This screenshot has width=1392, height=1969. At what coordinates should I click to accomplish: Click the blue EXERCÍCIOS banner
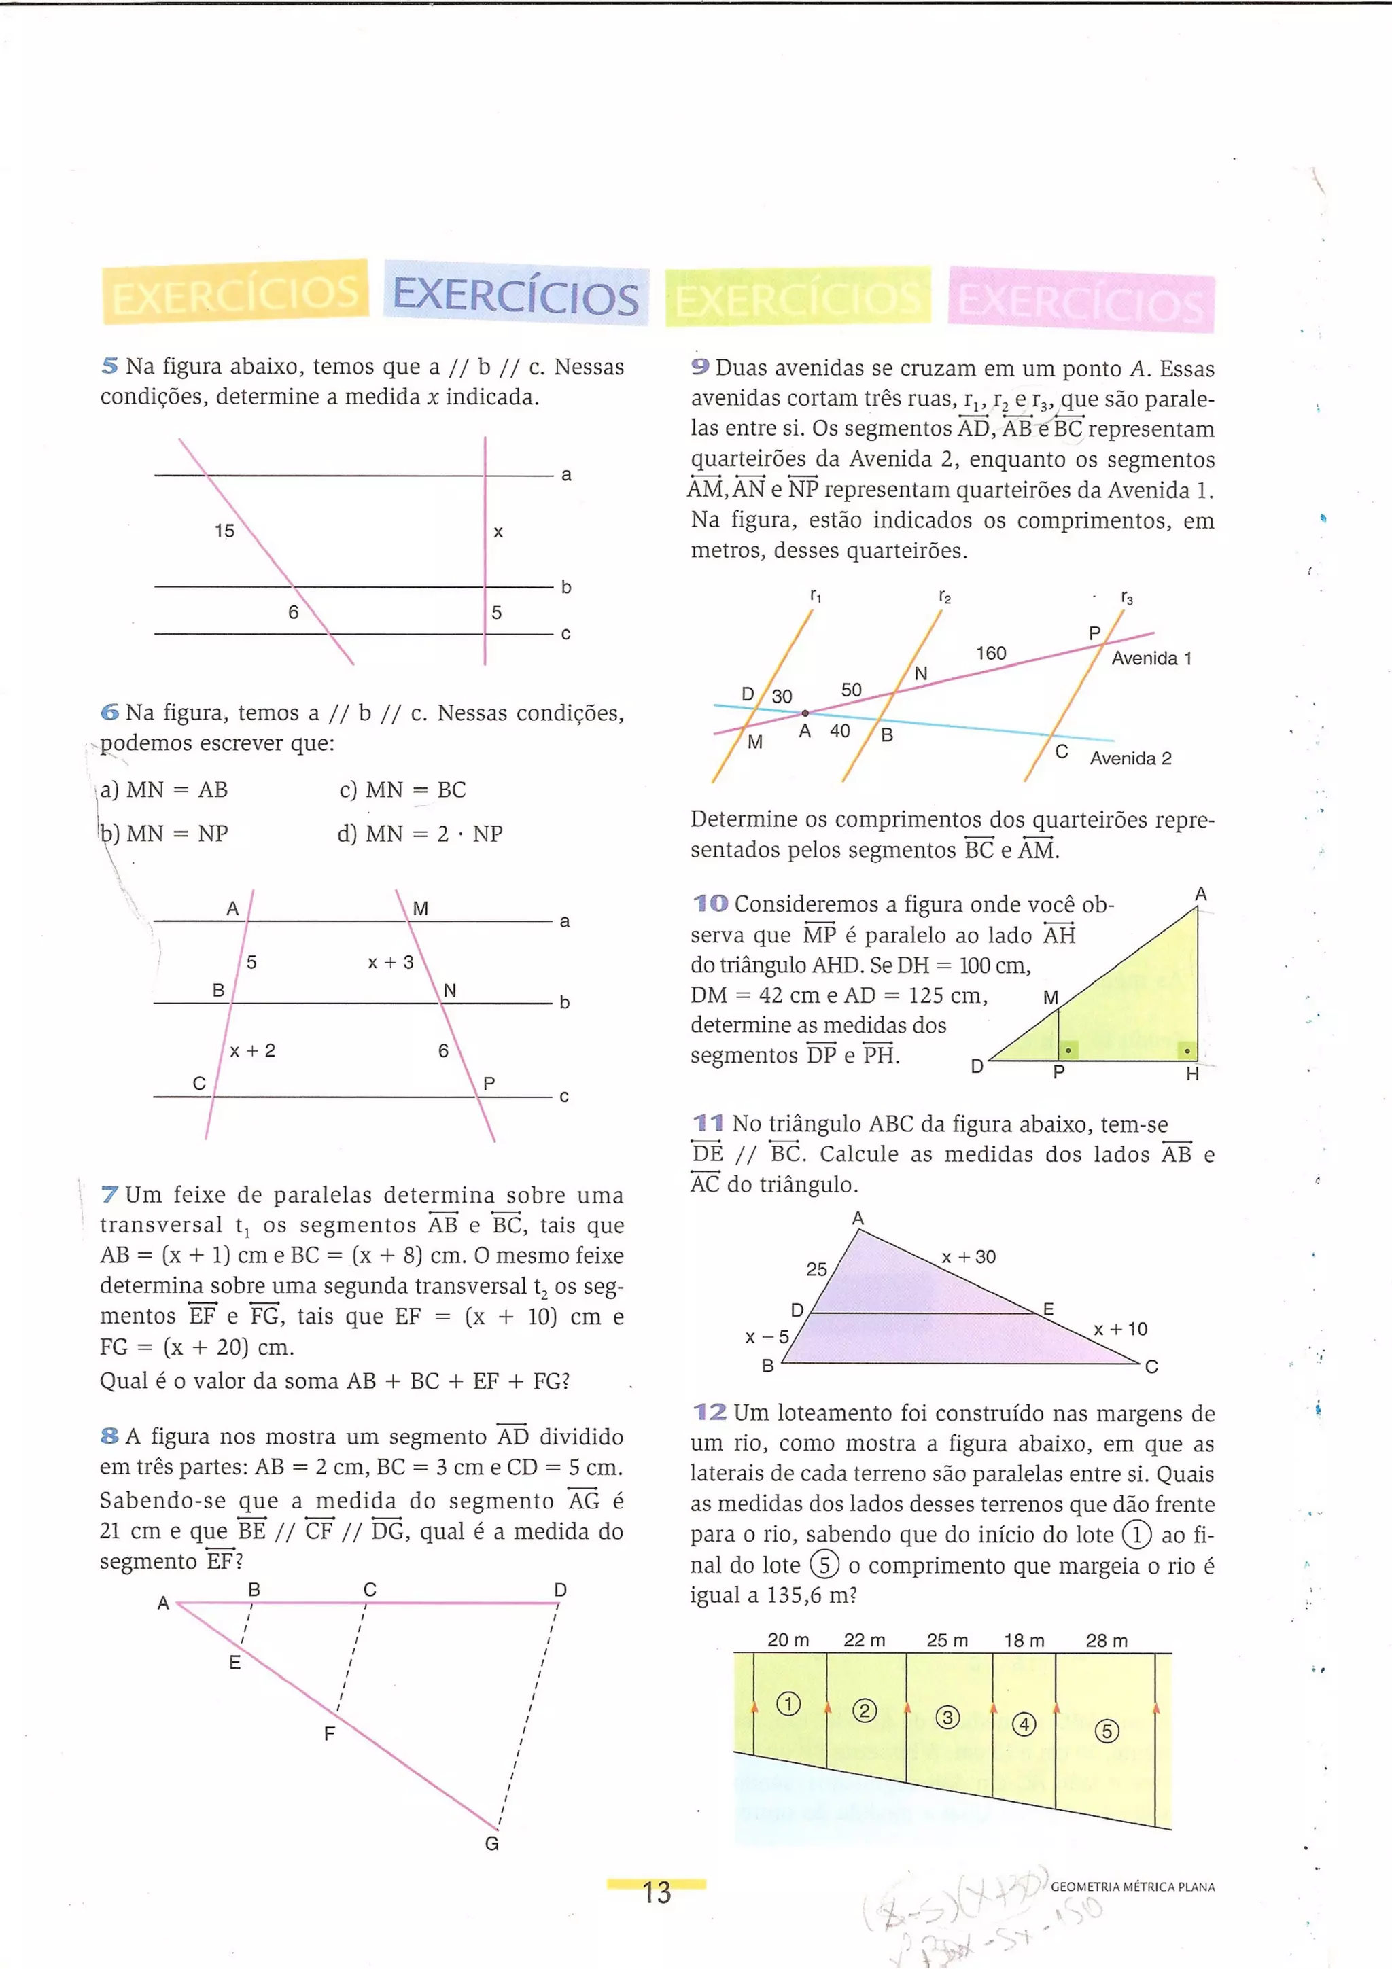pos(515,295)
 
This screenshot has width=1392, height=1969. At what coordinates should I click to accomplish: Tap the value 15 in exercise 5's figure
pos(224,531)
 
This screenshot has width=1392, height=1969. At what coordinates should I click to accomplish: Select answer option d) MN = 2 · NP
pos(419,834)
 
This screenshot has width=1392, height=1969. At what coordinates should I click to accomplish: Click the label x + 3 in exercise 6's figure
pos(390,962)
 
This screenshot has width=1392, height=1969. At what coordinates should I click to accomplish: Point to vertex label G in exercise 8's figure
pos(491,1844)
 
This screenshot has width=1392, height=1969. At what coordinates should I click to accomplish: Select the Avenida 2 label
pos(1130,758)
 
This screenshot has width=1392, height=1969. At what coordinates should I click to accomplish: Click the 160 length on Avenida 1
pos(990,654)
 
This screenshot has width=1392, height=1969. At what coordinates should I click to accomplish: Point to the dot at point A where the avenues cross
pos(805,713)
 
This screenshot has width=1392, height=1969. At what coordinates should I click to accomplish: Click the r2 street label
pos(944,597)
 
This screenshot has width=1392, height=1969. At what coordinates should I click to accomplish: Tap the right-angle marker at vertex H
pos(1186,1050)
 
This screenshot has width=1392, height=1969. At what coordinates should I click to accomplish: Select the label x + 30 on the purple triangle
pos(969,1257)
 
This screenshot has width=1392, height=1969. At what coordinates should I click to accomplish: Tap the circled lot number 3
pos(947,1718)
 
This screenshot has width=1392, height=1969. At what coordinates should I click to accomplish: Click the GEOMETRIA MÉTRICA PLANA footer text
pos(1132,1887)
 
